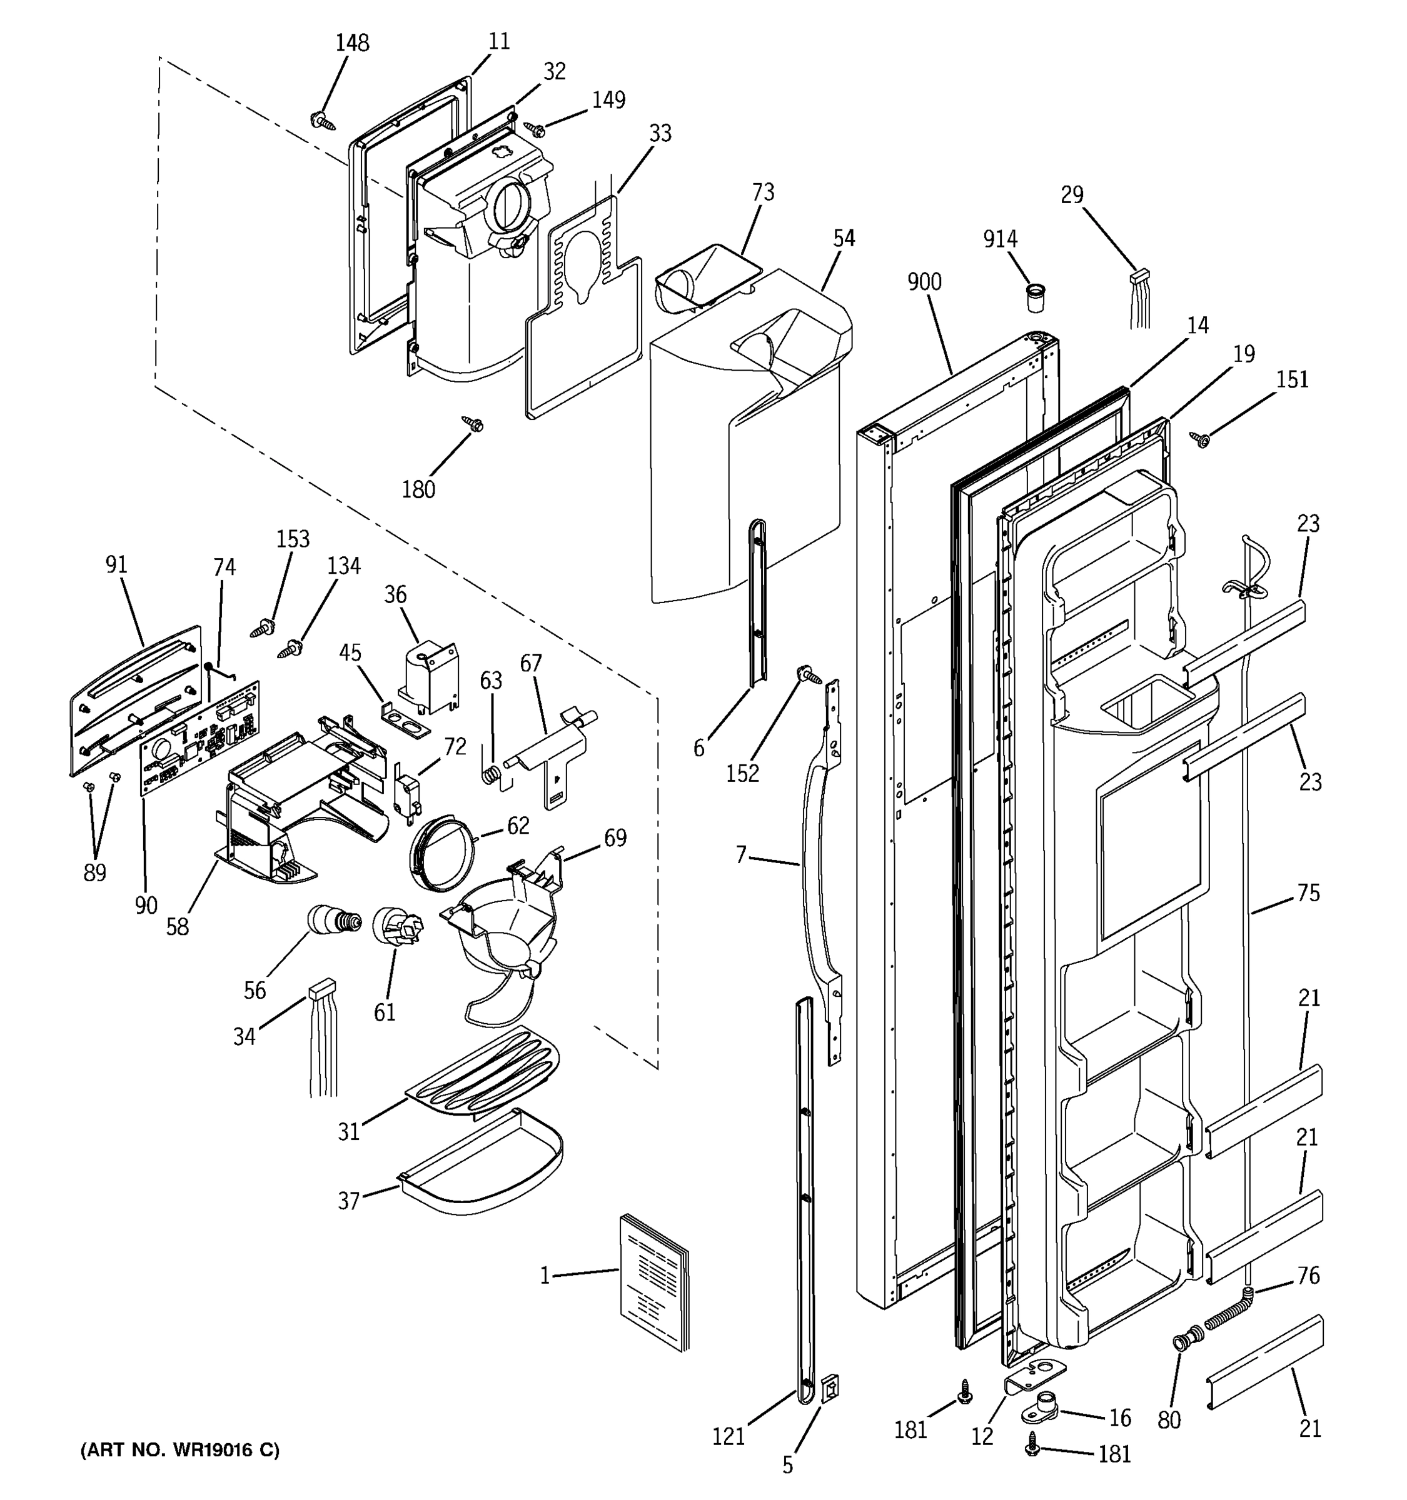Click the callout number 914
pos(999,239)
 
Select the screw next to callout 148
pos(323,120)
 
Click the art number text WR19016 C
pos(179,1449)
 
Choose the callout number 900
pos(924,282)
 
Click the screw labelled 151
pos(1200,437)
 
